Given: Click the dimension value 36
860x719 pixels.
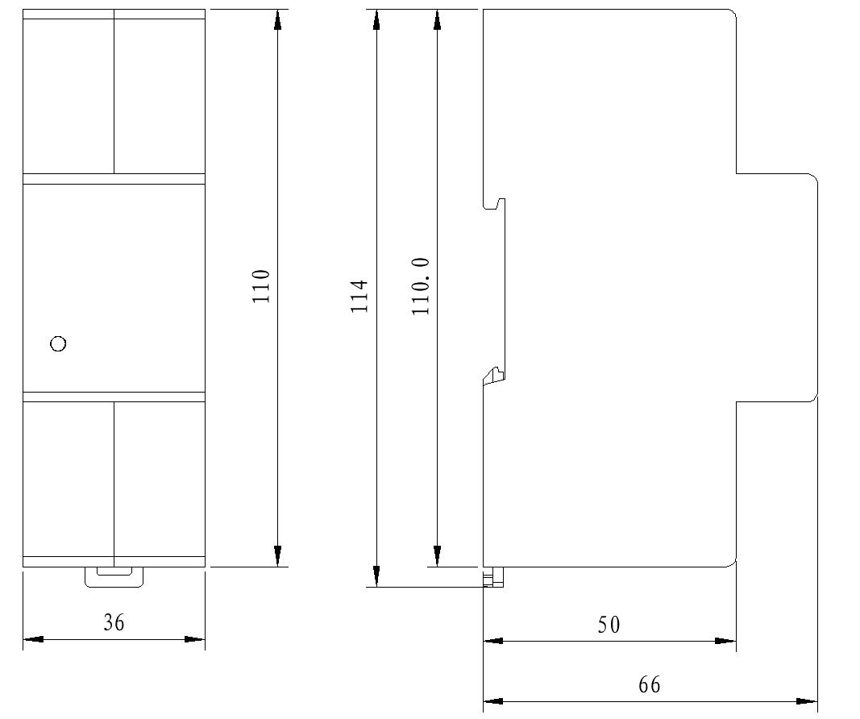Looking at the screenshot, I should pos(114,622).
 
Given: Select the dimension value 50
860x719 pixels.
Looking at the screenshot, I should pos(609,624).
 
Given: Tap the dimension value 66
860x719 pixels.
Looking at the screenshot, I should pos(649,684).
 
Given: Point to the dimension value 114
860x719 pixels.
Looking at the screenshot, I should pos(359,296).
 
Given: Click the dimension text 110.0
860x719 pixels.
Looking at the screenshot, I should pos(421,287).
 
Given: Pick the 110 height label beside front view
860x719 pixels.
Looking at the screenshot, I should pos(260,286).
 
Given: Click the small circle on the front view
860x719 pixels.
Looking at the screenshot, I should pos(58,344).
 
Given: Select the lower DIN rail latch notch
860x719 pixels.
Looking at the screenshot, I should pos(493,375).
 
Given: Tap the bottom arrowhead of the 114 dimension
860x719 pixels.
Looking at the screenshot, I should pos(376,576).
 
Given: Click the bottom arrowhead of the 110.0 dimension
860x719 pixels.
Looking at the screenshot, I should pos(437,557).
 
